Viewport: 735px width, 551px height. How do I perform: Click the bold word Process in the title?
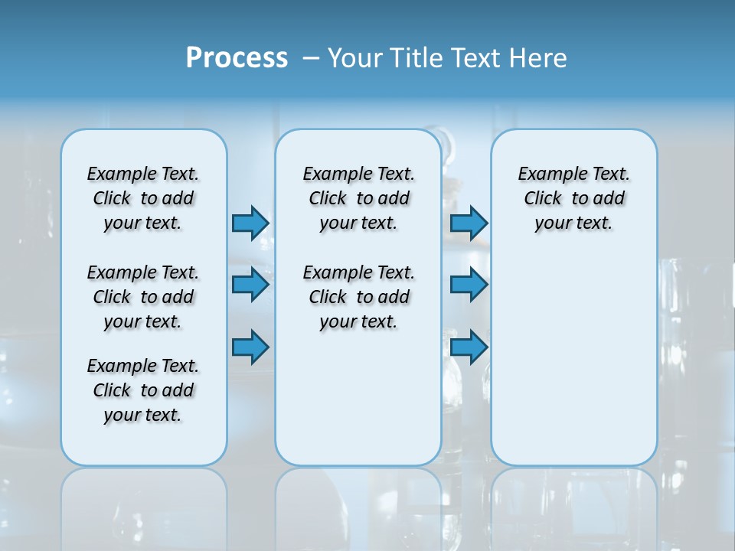237,57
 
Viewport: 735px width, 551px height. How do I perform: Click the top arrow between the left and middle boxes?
250,223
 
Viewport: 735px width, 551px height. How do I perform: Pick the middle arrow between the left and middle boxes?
250,285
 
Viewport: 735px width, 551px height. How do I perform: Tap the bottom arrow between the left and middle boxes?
250,347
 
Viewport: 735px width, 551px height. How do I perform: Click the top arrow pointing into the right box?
469,223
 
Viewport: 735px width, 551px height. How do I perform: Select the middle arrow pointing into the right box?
469,285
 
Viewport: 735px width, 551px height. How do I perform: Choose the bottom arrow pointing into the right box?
469,347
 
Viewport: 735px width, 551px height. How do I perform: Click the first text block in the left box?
143,198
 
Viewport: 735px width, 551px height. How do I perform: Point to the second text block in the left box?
143,297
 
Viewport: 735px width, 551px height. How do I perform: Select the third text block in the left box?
143,390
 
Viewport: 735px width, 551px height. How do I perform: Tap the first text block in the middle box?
358,198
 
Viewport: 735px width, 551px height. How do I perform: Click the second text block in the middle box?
358,297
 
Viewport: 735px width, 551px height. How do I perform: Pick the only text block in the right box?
573,198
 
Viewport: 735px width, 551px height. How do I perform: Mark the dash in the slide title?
311,57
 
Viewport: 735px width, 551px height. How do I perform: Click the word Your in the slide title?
354,57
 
